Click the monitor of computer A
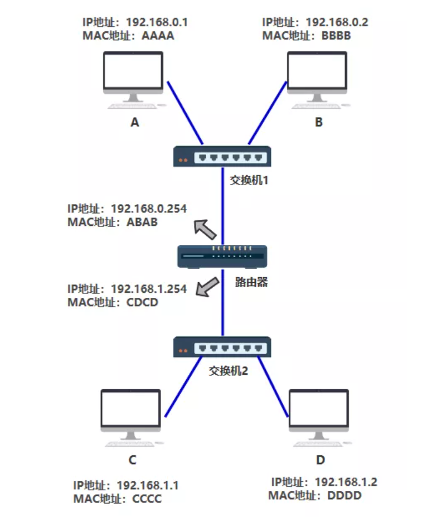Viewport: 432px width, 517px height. pos(133,72)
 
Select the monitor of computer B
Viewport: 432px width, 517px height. pos(317,72)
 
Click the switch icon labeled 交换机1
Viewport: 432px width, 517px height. pos(222,157)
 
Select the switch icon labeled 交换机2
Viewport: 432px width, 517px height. pos(222,346)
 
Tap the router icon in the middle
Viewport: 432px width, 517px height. pos(222,256)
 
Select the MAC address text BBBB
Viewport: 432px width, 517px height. pos(336,36)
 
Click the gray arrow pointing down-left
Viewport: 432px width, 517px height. pos(207,287)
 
